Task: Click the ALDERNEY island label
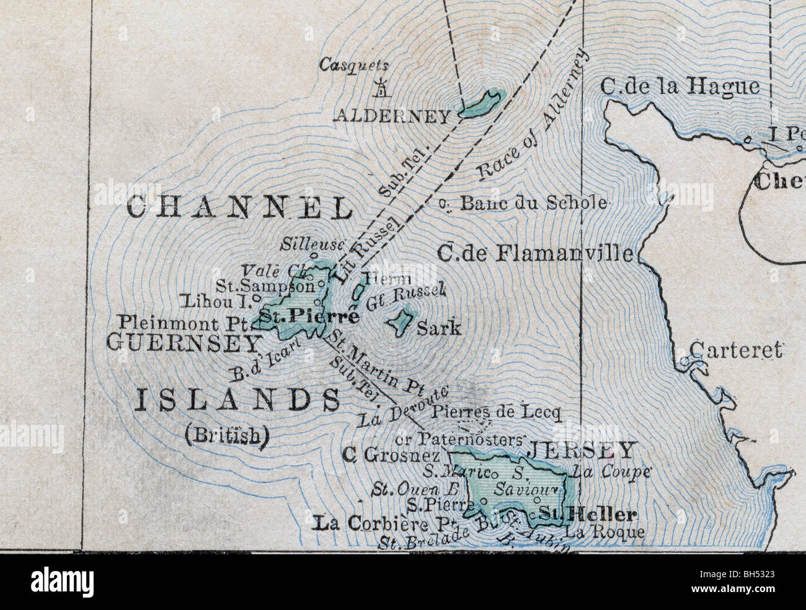point(392,116)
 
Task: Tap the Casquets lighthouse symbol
point(381,88)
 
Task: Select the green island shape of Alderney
point(484,103)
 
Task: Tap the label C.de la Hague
point(680,87)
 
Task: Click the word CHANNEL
point(240,208)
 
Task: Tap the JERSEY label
point(581,450)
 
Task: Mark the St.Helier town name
point(587,514)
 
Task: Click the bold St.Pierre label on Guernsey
point(308,317)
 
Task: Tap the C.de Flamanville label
point(535,253)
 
